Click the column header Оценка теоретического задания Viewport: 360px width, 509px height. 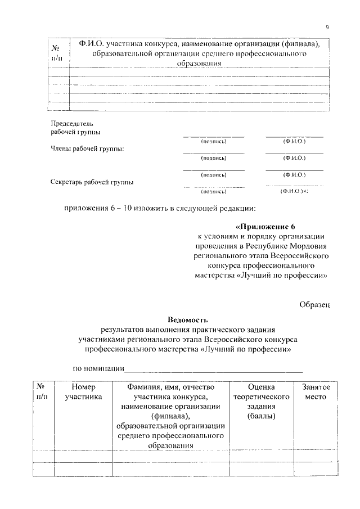261,402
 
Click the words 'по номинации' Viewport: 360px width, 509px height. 98,369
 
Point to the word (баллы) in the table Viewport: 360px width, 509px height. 261,417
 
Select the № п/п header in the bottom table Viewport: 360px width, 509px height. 42,392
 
